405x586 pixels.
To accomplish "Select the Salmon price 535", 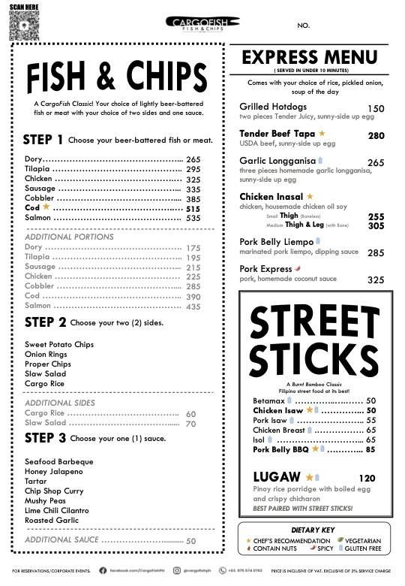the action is (193, 218).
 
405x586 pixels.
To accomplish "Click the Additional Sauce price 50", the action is (191, 541).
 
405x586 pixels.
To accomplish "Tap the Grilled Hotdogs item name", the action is (273, 107).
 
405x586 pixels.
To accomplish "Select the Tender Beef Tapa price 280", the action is (376, 136).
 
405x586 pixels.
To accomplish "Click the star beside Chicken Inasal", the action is (310, 196).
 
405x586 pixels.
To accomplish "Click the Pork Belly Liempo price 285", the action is (376, 253).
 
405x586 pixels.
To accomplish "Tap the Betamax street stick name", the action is (268, 400).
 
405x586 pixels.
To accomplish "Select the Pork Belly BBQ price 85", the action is (370, 449).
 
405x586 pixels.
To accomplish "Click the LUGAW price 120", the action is (367, 478).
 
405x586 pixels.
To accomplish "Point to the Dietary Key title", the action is (316, 530).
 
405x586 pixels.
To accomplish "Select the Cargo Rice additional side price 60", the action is (190, 414).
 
